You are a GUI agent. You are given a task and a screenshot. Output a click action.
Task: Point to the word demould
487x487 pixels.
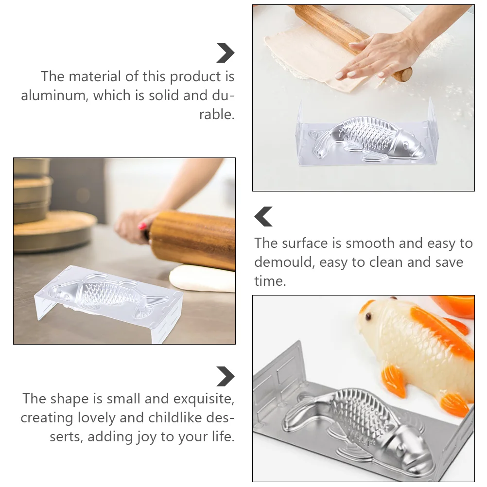284,262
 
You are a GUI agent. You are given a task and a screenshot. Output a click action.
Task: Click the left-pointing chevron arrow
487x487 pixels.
264,216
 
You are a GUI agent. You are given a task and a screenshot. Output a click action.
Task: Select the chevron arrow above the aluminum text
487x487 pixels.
225,52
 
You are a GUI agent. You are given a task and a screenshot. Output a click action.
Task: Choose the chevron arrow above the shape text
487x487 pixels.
225,377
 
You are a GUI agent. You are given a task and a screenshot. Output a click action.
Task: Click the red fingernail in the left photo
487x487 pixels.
143,226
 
